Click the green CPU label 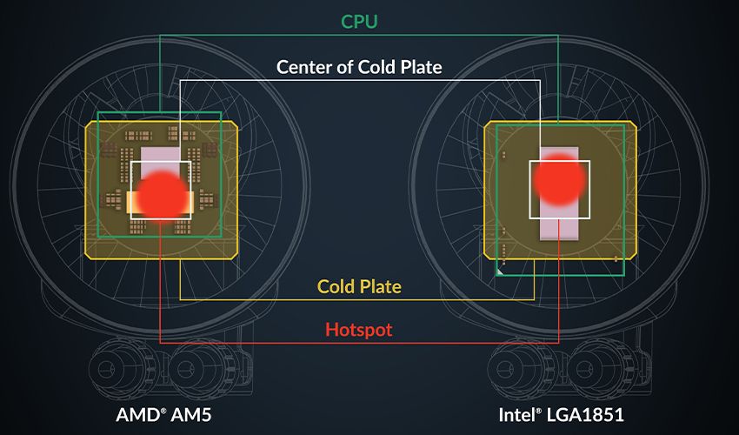[x=359, y=22]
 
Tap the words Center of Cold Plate [x=359, y=67]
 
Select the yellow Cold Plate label [x=359, y=286]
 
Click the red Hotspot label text [x=359, y=330]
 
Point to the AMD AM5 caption [x=163, y=415]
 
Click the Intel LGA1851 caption [x=562, y=415]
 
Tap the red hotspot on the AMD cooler [x=162, y=196]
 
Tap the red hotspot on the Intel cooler [x=559, y=180]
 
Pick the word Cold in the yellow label [x=336, y=286]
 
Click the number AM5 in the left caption [x=191, y=415]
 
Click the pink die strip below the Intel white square [x=559, y=230]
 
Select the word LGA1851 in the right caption [x=585, y=415]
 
